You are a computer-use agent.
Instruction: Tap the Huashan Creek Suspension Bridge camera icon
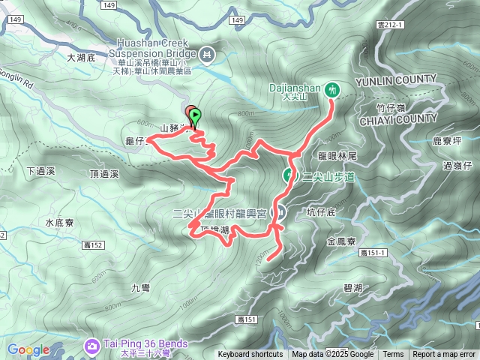pos(208,54)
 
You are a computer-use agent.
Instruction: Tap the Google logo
pos(28,349)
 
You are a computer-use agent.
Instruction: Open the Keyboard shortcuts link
pos(250,355)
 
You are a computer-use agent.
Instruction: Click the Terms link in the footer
pos(393,355)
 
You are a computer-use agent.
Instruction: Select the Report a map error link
pos(444,355)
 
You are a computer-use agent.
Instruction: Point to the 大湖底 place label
pos(82,57)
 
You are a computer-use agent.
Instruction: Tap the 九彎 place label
pos(141,286)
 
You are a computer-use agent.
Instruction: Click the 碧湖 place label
pos(353,288)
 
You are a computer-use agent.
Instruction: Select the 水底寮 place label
pos(58,222)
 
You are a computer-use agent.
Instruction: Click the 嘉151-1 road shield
pos(373,253)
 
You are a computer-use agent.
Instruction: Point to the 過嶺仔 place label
pos(458,165)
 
